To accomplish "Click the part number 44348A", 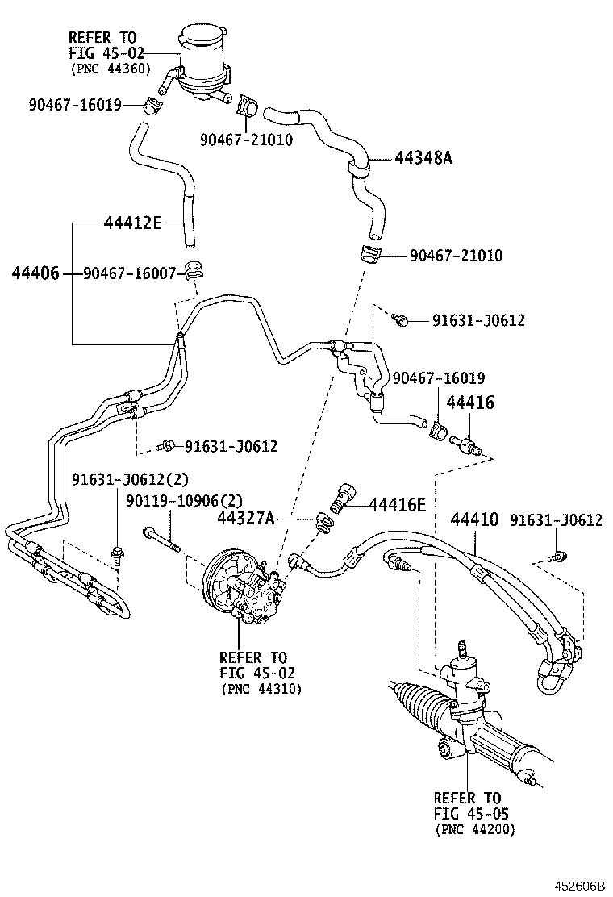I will coord(423,158).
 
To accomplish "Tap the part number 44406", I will coord(35,273).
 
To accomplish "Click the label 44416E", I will coord(397,504).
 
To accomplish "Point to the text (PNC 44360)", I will coord(111,69).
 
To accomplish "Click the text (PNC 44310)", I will coord(261,690).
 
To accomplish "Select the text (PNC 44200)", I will coord(475,828).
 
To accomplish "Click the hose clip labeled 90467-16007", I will coord(194,269).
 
